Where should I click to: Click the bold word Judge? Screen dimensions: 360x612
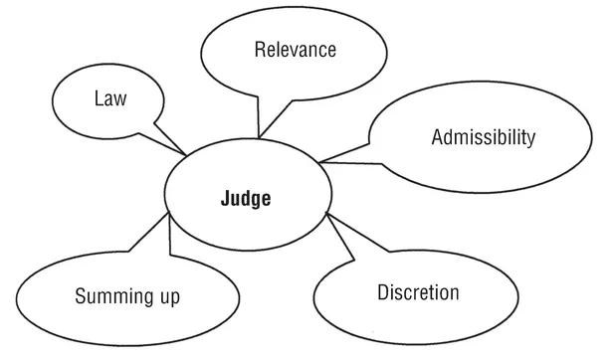245,199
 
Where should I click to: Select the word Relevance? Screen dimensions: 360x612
295,49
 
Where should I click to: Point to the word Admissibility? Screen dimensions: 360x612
484,136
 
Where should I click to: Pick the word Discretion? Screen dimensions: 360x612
418,292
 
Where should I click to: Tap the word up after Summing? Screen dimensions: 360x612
165,297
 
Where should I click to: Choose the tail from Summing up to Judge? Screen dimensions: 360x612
159,239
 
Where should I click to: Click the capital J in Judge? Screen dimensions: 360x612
224,199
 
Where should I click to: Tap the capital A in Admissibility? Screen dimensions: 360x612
437,136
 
